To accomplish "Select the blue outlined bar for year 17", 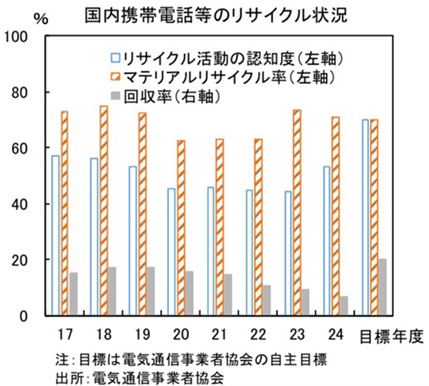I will click(55, 235).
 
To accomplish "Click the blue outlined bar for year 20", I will click(171, 251).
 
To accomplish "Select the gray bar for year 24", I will click(344, 305).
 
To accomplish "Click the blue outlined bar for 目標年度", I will click(366, 217).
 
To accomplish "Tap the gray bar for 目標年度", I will click(383, 286).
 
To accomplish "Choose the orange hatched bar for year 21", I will click(220, 227).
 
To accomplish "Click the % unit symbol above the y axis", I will click(41, 17).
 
